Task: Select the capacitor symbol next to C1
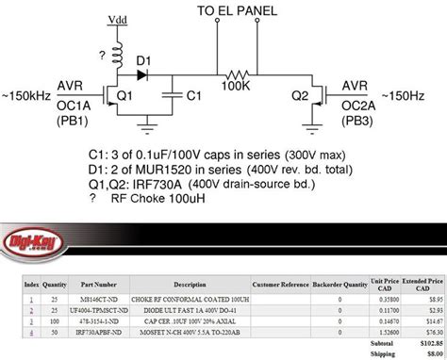(170, 95)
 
